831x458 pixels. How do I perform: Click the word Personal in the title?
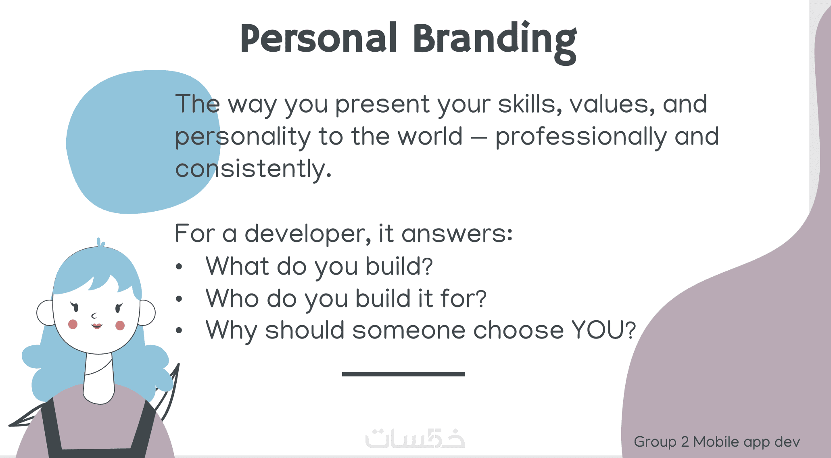click(x=319, y=38)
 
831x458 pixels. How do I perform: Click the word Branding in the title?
click(x=495, y=42)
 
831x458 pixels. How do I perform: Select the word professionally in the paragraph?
click(x=581, y=137)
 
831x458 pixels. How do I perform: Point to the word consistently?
click(x=253, y=169)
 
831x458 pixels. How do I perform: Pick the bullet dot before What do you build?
click(x=180, y=267)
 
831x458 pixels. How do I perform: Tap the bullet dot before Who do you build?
click(x=180, y=299)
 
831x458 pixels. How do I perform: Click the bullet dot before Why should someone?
click(x=180, y=330)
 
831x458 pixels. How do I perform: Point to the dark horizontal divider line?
click(x=403, y=374)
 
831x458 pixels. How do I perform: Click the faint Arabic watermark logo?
click(x=415, y=438)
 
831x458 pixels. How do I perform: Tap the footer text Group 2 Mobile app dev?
click(x=717, y=442)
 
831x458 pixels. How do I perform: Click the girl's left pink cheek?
click(x=73, y=324)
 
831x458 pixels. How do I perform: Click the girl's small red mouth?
click(x=97, y=326)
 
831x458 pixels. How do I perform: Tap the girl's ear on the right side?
click(x=146, y=312)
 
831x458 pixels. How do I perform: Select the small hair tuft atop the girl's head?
click(x=100, y=242)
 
